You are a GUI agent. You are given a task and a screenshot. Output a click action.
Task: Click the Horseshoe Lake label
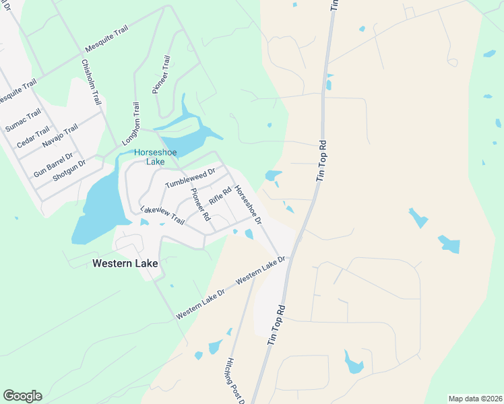click(149, 157)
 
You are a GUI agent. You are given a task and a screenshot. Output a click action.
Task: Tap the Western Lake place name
click(125, 264)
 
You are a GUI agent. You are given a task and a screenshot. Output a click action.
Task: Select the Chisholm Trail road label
click(91, 81)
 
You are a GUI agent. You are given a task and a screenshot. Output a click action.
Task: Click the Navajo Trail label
click(60, 137)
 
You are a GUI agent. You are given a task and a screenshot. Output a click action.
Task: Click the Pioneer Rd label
click(200, 204)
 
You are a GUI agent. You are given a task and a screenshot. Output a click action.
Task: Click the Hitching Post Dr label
click(237, 380)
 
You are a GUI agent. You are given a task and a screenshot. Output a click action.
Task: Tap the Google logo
click(22, 396)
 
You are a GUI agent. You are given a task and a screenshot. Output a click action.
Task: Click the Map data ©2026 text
click(474, 398)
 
